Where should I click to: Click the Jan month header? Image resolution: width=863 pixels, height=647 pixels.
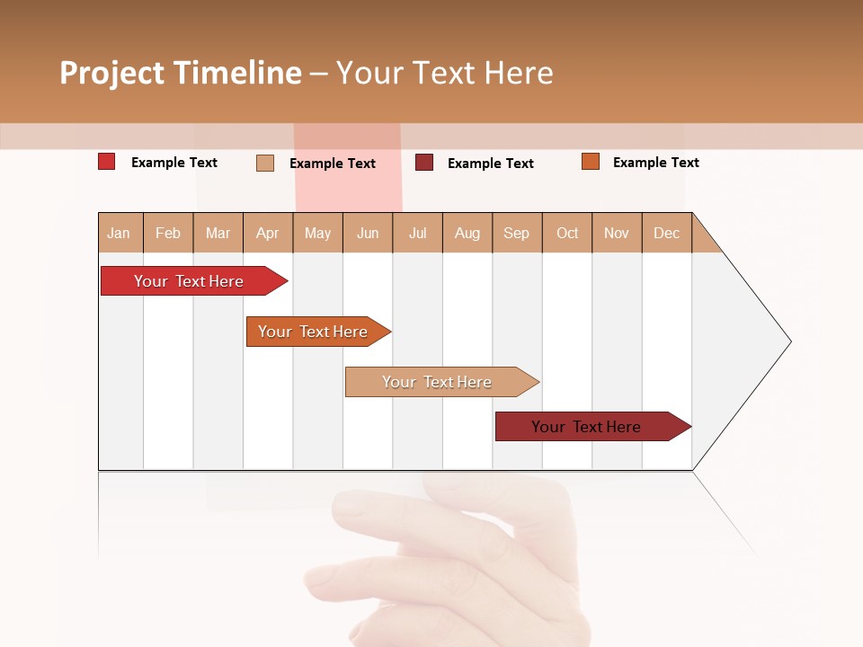(x=120, y=233)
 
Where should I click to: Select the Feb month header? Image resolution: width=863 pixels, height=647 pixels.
(x=168, y=233)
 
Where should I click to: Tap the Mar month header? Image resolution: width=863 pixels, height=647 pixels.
(x=218, y=233)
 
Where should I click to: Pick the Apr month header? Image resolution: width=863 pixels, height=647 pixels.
(x=268, y=233)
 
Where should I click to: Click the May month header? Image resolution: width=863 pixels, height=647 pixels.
(x=317, y=233)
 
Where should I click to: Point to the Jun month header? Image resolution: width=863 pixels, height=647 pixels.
(x=368, y=233)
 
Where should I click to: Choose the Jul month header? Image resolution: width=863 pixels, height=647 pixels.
(x=418, y=233)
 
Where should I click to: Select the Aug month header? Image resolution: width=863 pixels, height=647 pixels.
(x=467, y=233)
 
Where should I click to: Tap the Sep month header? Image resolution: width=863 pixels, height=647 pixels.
(x=517, y=233)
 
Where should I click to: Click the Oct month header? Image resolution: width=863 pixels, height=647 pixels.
(x=567, y=233)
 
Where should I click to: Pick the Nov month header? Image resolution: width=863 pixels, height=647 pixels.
(x=617, y=233)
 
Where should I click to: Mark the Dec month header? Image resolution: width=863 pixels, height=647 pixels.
(x=667, y=233)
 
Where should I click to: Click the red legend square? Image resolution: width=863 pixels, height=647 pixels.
(x=107, y=162)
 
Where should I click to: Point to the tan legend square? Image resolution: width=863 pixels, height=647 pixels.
(x=265, y=163)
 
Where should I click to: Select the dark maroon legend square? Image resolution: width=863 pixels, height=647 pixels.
(x=424, y=162)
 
